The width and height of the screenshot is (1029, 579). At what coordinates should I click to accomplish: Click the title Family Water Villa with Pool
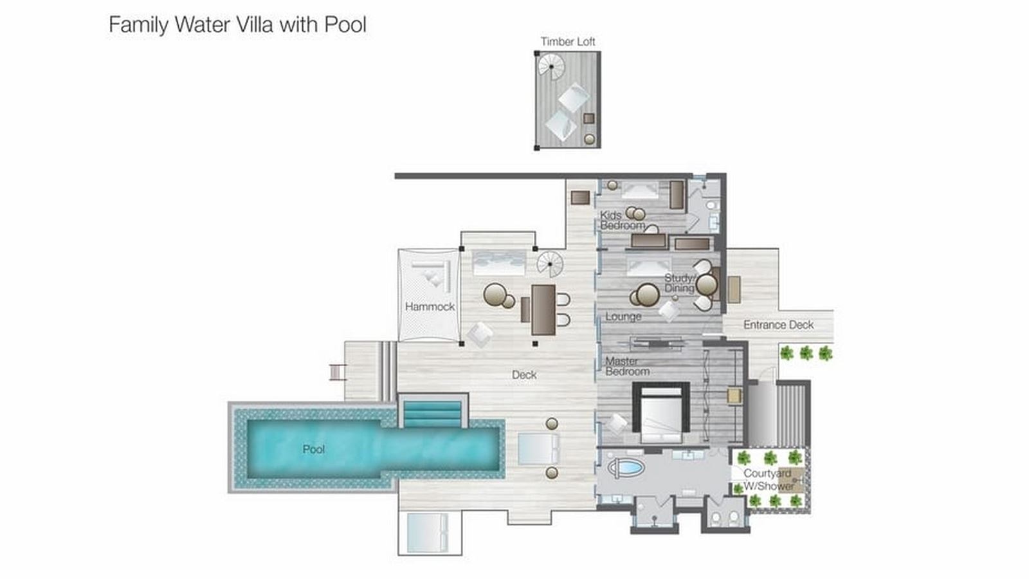[237, 25]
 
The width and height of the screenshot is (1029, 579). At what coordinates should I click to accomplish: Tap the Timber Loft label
[567, 42]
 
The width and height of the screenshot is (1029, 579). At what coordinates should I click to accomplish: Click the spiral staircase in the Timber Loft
[551, 65]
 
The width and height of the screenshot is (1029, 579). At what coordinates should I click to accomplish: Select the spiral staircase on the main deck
[550, 264]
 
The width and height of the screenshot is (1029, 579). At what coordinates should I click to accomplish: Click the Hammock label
[430, 307]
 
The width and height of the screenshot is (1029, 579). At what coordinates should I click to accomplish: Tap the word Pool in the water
[313, 449]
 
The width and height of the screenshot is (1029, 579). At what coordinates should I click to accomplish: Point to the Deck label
[524, 374]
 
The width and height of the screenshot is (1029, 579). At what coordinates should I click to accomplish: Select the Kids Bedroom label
[621, 220]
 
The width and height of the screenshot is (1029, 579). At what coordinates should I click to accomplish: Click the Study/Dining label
[680, 283]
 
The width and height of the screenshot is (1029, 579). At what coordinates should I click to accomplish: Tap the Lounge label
[623, 317]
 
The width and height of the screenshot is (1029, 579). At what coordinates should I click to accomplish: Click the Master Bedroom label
[626, 367]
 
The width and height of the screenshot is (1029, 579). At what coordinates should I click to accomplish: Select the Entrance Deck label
[778, 325]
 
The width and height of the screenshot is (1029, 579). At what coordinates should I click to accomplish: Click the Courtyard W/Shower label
[769, 480]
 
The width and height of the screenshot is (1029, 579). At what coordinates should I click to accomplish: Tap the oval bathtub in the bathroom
[626, 468]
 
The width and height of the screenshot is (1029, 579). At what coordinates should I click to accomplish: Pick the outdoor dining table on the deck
[543, 309]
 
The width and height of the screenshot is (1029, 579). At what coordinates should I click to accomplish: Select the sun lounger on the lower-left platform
[426, 533]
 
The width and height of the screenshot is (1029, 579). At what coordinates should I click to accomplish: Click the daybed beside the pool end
[538, 448]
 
